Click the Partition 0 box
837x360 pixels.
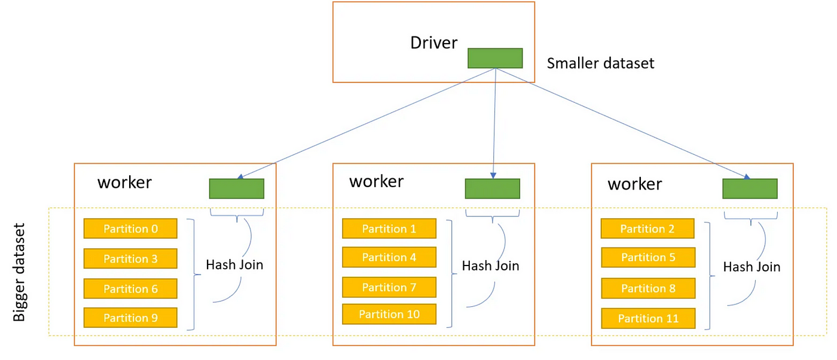[x=130, y=228]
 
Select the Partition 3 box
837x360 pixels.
[x=130, y=258]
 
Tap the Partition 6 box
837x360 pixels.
[x=130, y=288]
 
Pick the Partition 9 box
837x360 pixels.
[x=130, y=318]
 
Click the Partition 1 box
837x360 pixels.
[x=389, y=228]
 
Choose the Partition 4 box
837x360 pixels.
[x=389, y=257]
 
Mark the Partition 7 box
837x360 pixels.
[x=389, y=287]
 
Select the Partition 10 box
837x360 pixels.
[x=389, y=314]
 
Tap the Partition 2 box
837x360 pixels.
[x=647, y=228]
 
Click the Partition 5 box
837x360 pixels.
[x=648, y=257]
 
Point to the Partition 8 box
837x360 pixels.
[x=648, y=288]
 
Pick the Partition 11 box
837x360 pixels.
[x=648, y=318]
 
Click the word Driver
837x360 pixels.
[x=433, y=42]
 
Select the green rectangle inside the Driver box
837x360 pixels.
[x=495, y=59]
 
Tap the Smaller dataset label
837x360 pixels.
[x=600, y=63]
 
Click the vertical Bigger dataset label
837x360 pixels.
[x=19, y=272]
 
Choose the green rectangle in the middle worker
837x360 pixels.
[x=493, y=188]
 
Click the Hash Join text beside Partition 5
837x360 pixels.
[x=752, y=267]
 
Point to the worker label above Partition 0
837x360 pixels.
[x=124, y=183]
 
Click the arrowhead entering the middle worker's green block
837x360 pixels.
[x=493, y=176]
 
